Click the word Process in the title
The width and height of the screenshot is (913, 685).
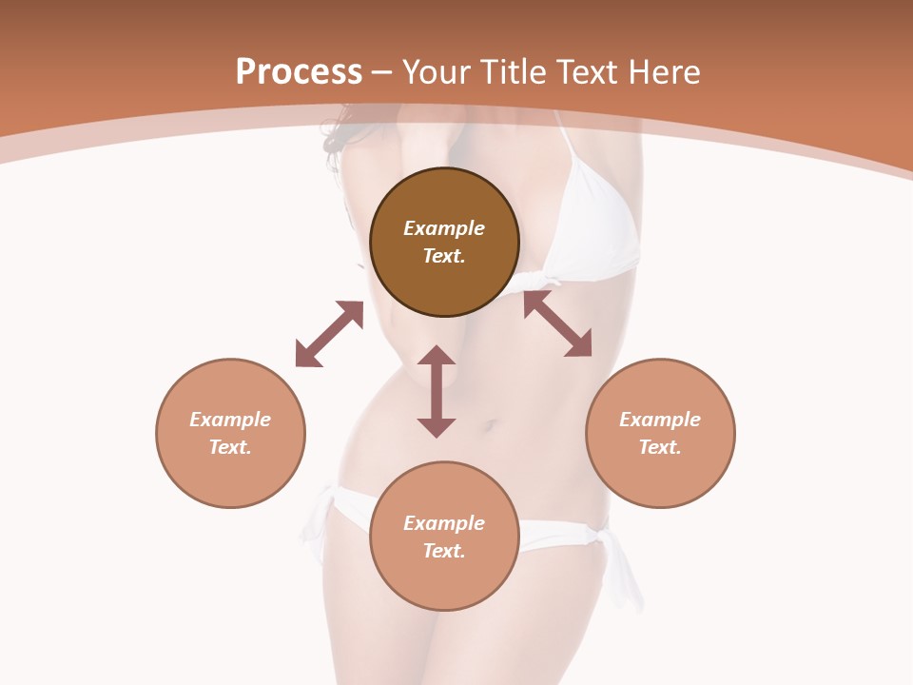coord(299,72)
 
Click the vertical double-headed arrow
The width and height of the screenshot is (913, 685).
coord(437,391)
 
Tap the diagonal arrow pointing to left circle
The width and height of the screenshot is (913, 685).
coord(329,334)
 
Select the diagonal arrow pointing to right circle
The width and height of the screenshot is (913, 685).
coord(557,323)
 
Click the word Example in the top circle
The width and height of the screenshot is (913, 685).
coord(444,228)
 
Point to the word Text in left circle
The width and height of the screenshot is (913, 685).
coord(230,447)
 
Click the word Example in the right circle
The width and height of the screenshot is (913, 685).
coord(660,420)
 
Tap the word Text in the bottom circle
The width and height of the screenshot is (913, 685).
coord(444,551)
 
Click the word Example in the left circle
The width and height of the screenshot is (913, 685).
coord(230,420)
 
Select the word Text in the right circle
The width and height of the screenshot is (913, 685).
coord(660,447)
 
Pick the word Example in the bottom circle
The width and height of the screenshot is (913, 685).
coord(444,523)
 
